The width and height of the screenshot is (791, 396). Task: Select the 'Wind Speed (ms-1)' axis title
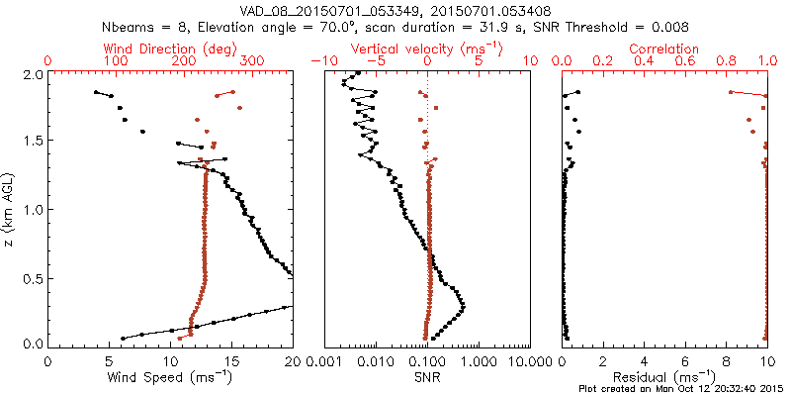[x=170, y=376]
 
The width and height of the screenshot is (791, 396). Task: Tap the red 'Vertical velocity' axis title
[x=428, y=49]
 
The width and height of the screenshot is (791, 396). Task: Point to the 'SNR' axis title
[x=427, y=376]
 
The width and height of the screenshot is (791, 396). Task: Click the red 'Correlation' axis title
[x=664, y=49]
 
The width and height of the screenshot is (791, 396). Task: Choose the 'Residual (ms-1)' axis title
[x=664, y=376]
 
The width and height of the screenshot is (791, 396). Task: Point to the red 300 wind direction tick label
[x=253, y=61]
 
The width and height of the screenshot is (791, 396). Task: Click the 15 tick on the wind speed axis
[x=232, y=360]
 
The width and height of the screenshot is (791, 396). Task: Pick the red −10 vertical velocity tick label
[x=320, y=61]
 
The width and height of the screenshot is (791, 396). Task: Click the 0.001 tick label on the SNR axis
[x=324, y=360]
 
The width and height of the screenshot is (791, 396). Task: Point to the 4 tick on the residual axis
[x=645, y=360]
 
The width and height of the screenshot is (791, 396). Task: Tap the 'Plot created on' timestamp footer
[x=681, y=388]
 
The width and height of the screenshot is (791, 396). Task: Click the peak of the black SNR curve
[x=464, y=308]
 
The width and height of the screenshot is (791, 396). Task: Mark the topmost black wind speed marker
[x=96, y=92]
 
